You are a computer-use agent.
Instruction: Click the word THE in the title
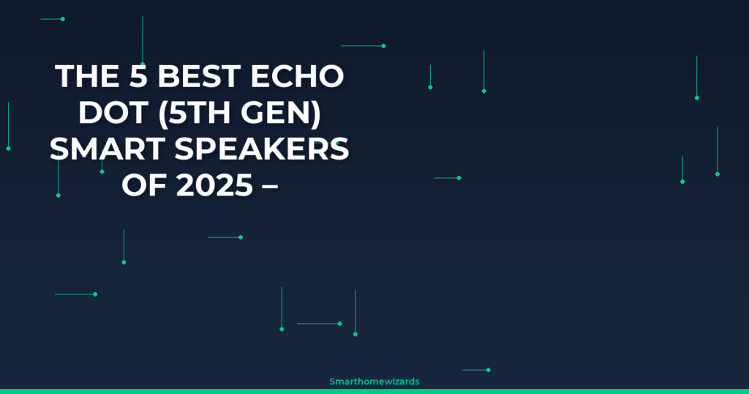pyautogui.click(x=87, y=76)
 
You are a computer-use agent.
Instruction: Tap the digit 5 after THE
pyautogui.click(x=138, y=76)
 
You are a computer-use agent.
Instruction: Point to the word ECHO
pyautogui.click(x=297, y=76)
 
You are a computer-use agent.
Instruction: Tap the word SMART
pyautogui.click(x=108, y=149)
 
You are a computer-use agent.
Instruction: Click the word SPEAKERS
pyautogui.click(x=262, y=149)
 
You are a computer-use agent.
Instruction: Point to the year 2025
pyautogui.click(x=214, y=185)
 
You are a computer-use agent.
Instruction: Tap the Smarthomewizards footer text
pyautogui.click(x=374, y=382)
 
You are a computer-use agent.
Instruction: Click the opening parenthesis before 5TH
pyautogui.click(x=162, y=114)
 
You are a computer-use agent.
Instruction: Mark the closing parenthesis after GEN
pyautogui.click(x=316, y=114)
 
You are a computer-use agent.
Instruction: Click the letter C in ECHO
pyautogui.click(x=283, y=76)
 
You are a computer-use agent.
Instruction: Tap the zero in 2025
pyautogui.click(x=204, y=185)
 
